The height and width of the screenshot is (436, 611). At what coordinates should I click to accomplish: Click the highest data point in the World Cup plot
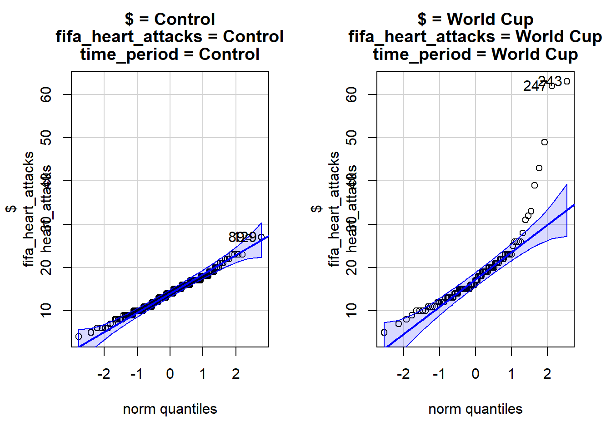coord(566,82)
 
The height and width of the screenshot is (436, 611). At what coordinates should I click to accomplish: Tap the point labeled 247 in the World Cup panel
coord(552,86)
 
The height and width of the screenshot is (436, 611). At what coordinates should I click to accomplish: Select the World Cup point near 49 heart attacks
coord(545,142)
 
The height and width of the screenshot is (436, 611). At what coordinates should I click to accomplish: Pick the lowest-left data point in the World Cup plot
coord(384,332)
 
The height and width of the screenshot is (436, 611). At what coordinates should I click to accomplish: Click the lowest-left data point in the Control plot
coord(79,337)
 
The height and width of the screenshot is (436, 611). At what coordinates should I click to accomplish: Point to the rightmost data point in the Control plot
coord(261,237)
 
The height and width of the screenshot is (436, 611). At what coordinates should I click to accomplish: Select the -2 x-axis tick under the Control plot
coord(104,374)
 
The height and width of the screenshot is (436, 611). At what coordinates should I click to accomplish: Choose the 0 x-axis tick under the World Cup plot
coord(476,374)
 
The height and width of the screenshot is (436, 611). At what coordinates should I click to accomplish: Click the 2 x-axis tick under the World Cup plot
coord(547,374)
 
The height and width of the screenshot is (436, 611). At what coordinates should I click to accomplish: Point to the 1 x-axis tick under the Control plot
coord(203,374)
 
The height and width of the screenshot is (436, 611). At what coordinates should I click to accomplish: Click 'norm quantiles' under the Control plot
coord(170,409)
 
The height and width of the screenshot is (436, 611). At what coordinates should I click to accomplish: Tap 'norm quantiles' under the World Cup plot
coord(476,409)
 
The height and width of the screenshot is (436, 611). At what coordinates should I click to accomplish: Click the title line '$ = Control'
coord(170,20)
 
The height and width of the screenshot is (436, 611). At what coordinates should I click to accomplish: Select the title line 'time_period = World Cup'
coord(476,54)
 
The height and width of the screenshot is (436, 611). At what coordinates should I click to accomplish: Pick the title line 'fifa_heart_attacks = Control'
coord(170,37)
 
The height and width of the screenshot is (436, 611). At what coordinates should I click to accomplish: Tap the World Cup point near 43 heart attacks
coord(539,168)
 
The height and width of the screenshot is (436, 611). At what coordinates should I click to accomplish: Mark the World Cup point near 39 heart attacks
coord(535,185)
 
